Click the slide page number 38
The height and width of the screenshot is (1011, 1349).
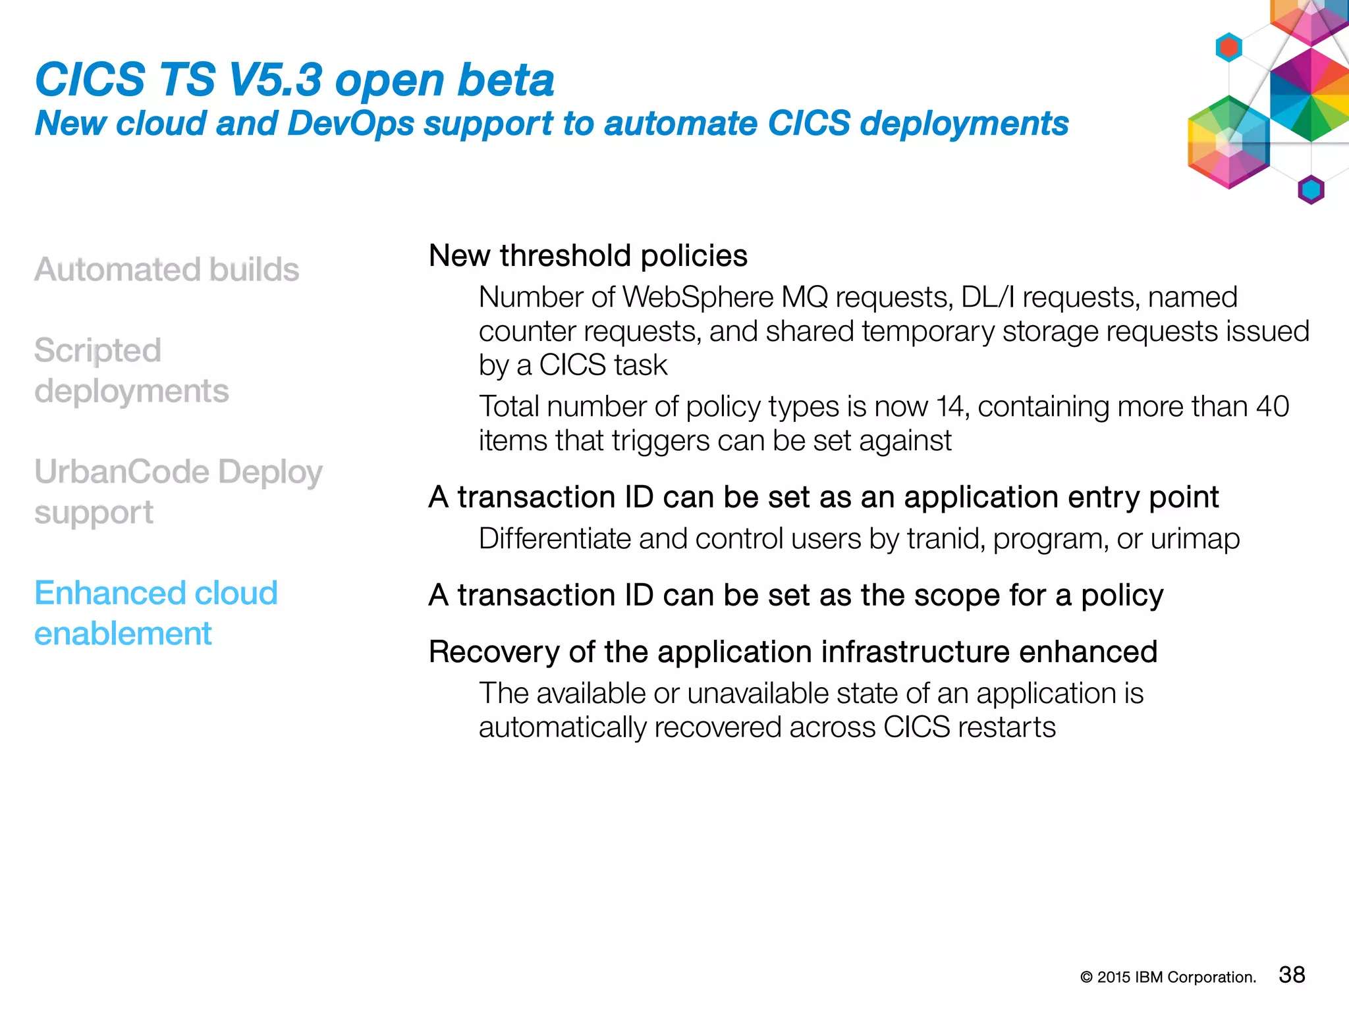tap(1291, 975)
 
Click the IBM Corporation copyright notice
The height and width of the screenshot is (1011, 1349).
tap(1168, 977)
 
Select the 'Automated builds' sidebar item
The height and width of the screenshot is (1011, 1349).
tap(167, 269)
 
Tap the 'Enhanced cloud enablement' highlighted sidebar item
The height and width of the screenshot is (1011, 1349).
tap(155, 613)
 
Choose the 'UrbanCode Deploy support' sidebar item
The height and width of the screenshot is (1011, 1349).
tap(178, 492)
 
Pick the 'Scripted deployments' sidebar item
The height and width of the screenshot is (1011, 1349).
tap(131, 371)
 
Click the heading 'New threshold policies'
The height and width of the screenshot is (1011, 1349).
tap(588, 255)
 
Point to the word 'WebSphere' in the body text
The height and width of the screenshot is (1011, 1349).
tap(698, 298)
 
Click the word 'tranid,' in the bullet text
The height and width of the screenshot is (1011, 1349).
tap(946, 539)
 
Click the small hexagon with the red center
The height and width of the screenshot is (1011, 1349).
tap(1228, 47)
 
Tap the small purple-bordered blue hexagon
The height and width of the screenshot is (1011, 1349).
tap(1311, 190)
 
